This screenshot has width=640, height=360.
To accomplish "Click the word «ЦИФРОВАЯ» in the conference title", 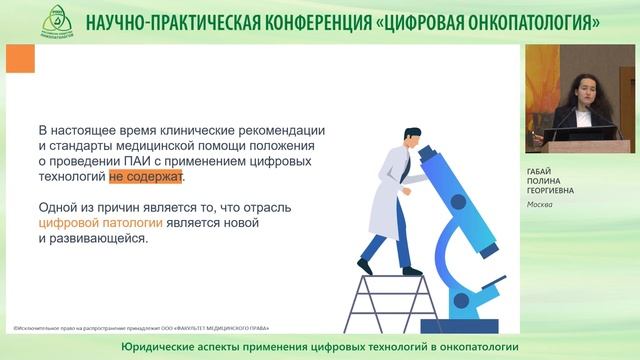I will [433, 21].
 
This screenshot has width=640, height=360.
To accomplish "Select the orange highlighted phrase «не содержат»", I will [146, 176].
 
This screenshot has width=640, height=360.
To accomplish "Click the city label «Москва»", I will [541, 206].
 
